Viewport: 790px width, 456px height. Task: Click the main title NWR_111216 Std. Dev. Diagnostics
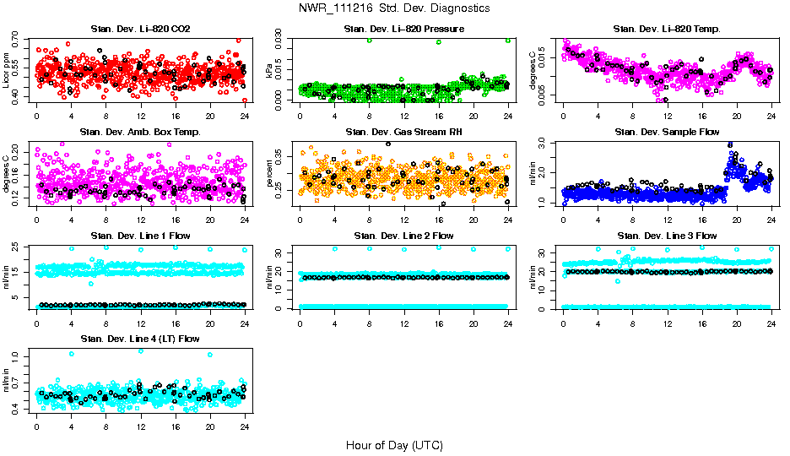pos(394,8)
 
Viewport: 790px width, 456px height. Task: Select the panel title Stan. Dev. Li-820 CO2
pos(140,30)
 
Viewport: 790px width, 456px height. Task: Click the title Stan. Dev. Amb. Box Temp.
pos(140,132)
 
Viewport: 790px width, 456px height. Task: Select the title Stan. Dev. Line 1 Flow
pos(140,236)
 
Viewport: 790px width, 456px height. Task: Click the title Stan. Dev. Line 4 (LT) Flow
pos(140,339)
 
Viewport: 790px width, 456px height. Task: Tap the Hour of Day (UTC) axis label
pos(394,445)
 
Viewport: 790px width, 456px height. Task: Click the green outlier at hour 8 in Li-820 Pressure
pos(369,41)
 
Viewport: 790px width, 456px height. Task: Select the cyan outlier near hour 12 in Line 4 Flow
pos(140,351)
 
